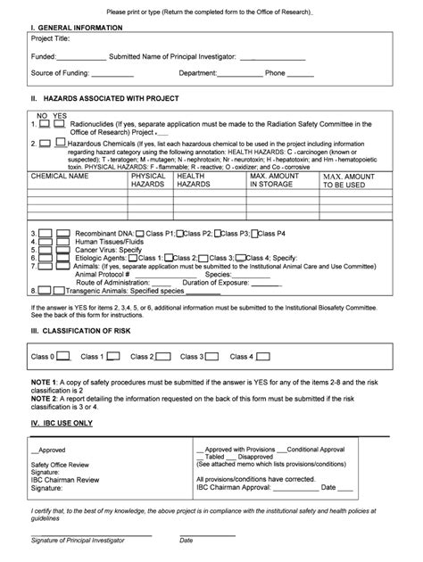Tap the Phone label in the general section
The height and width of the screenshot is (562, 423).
[x=275, y=73]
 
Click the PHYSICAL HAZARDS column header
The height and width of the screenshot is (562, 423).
[x=147, y=180]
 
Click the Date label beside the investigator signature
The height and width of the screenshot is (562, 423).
[x=186, y=540]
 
